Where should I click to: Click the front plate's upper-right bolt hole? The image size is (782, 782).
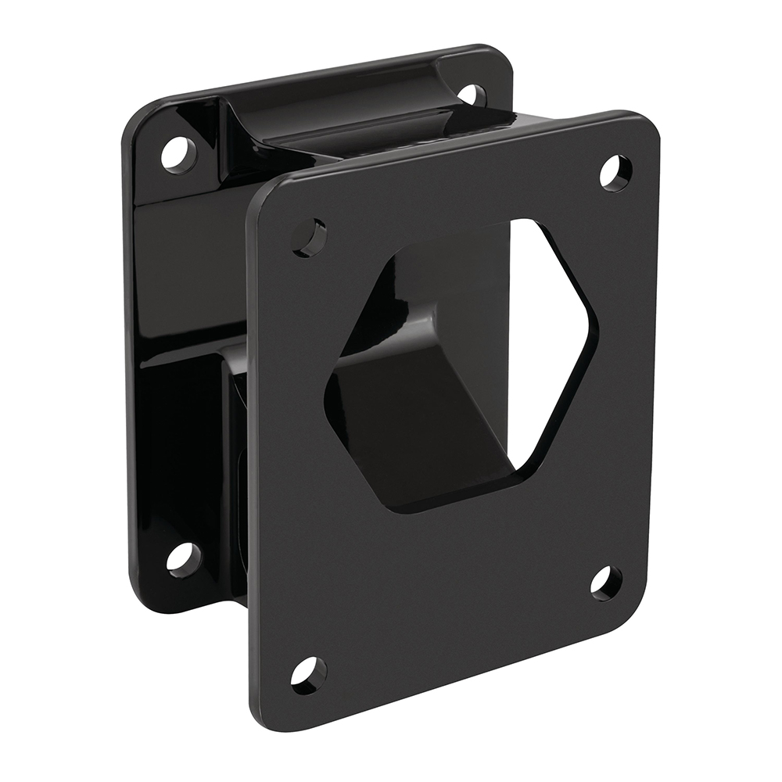click(615, 173)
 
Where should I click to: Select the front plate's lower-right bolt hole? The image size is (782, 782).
click(606, 583)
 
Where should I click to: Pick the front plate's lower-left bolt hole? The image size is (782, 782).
click(309, 673)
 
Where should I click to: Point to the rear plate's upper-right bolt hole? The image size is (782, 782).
click(472, 95)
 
